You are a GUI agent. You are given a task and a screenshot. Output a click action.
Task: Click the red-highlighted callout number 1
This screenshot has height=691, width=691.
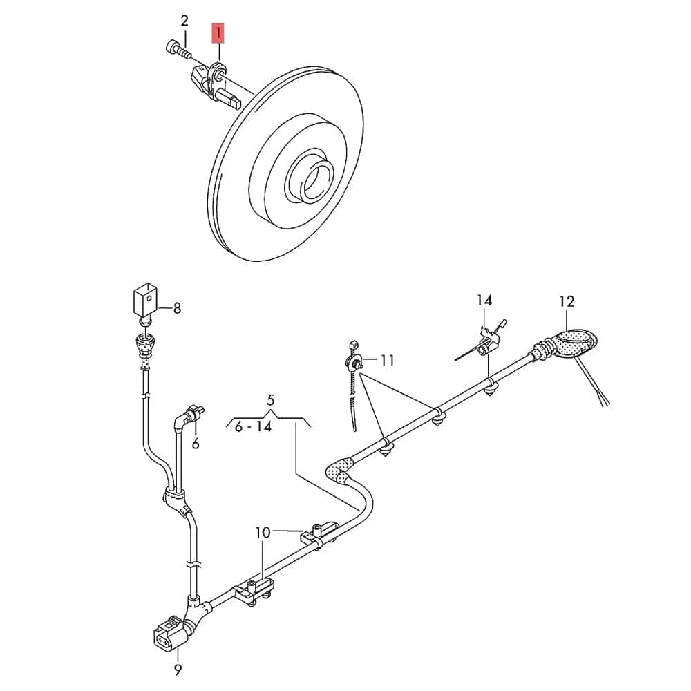coord(218,32)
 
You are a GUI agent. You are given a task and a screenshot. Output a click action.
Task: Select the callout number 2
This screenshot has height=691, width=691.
coord(184,20)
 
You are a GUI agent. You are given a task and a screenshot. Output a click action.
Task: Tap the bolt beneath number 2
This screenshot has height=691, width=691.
coord(178,49)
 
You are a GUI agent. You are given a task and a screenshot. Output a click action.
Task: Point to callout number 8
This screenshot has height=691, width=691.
coord(177,308)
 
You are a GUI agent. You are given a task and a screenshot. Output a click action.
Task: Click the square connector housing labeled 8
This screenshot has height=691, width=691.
coord(144,299)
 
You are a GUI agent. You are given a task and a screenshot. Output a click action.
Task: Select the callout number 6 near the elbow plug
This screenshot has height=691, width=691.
coord(196,444)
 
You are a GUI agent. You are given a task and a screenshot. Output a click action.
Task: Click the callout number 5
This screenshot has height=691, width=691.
coord(270,399)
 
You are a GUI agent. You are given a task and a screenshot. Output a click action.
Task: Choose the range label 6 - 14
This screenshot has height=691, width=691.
coord(253,427)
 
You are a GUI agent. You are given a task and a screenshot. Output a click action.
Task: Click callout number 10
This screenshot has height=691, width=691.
coord(263,532)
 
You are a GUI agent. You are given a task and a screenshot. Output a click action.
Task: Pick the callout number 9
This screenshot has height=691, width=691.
coord(178,669)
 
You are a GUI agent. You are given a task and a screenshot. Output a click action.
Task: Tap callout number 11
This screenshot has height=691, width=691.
coord(387,360)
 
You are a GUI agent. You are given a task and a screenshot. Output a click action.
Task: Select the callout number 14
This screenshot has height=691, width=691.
coord(484,300)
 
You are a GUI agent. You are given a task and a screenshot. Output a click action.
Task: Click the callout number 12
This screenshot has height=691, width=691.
coord(567,301)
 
